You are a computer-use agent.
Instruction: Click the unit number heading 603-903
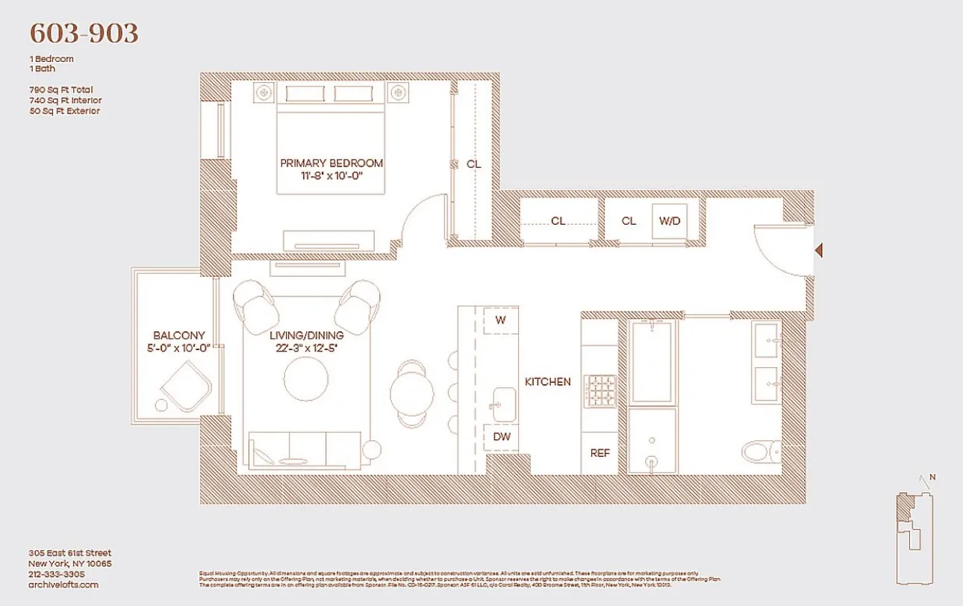click(84, 34)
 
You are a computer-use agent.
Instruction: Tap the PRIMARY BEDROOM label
click(331, 163)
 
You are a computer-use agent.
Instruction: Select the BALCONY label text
click(178, 336)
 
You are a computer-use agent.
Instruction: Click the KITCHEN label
click(547, 381)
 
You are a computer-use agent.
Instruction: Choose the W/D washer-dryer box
click(670, 221)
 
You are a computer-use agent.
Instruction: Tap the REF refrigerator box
click(599, 452)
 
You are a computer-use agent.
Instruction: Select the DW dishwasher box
click(502, 437)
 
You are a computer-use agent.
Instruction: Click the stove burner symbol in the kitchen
click(599, 393)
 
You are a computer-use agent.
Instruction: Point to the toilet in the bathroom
click(761, 451)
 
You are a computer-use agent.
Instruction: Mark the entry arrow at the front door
click(818, 251)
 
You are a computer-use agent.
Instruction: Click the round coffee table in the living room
click(305, 383)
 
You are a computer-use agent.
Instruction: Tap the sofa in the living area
click(306, 450)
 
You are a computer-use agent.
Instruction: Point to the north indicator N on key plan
click(932, 478)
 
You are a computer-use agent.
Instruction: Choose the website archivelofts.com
click(63, 584)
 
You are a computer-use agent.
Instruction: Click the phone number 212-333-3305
click(56, 574)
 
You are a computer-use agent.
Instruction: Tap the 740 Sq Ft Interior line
click(65, 100)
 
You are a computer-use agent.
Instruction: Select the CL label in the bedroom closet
click(473, 164)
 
